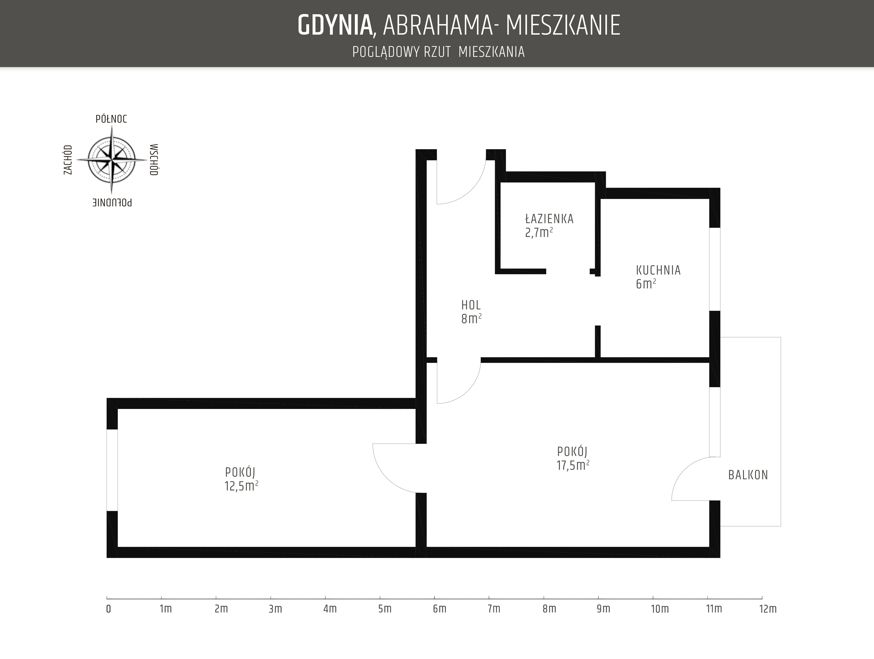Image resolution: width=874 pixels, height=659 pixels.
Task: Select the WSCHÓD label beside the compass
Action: pyautogui.click(x=154, y=159)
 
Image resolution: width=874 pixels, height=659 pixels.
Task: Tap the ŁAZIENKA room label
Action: pyautogui.click(x=549, y=219)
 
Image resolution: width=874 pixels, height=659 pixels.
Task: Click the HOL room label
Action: pyautogui.click(x=471, y=305)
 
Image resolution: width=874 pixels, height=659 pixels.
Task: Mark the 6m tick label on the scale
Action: pyautogui.click(x=439, y=609)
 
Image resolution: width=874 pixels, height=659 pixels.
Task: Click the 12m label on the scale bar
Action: pyautogui.click(x=768, y=609)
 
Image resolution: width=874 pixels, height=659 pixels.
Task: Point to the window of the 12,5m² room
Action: pyautogui.click(x=112, y=470)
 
